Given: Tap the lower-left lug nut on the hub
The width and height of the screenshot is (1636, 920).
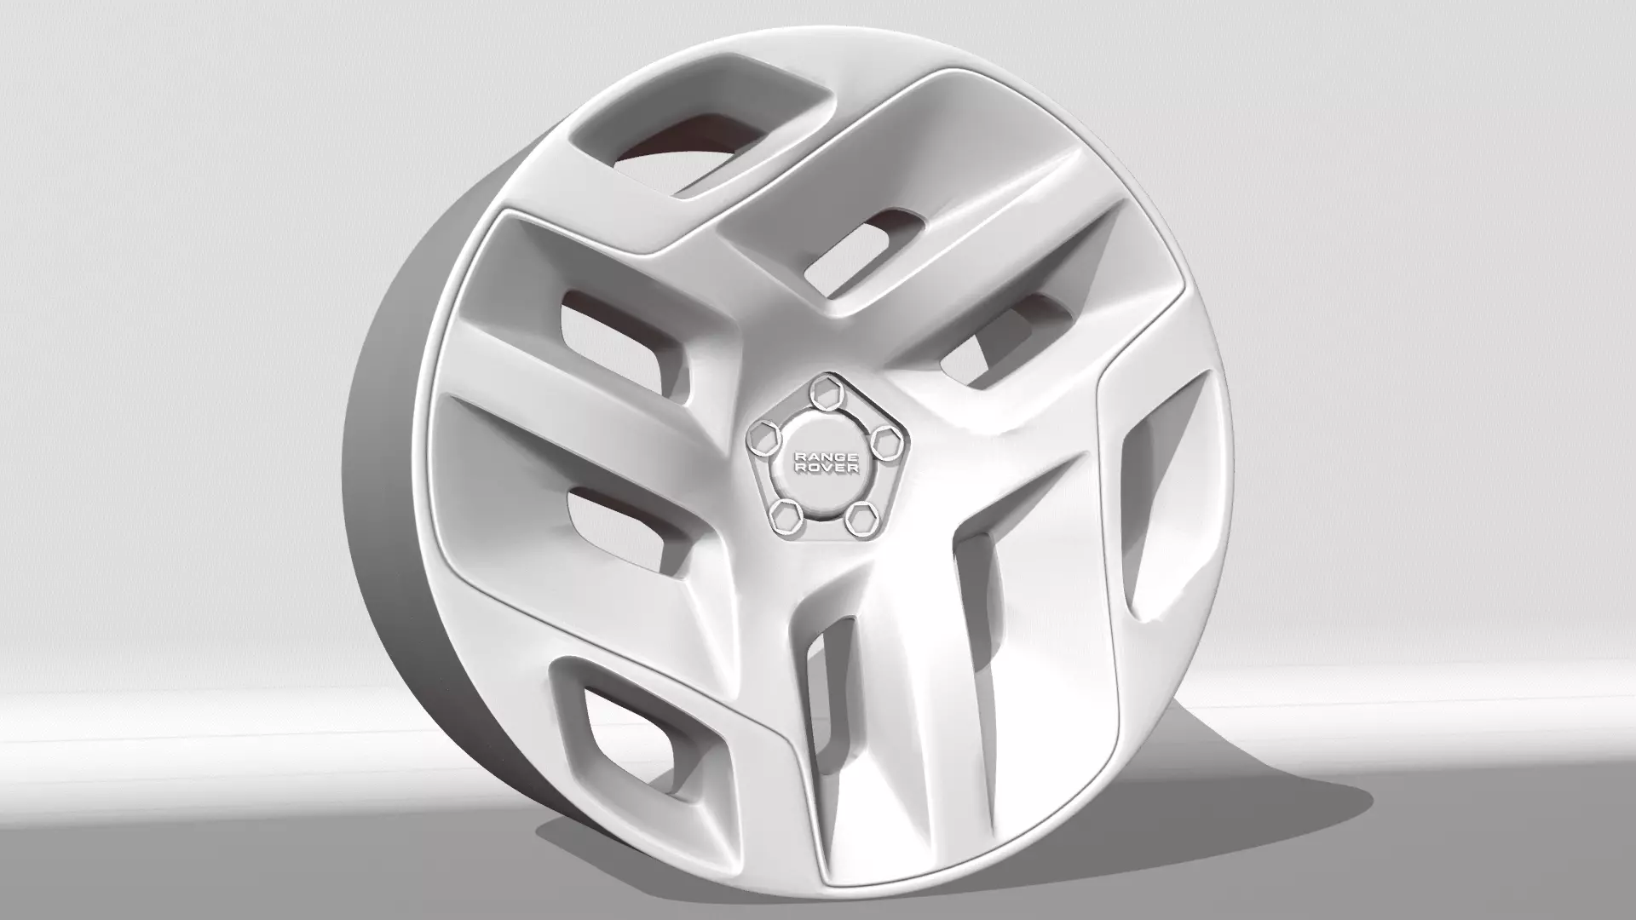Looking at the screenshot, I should click(782, 514).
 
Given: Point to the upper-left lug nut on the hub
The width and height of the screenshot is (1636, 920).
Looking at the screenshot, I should click(762, 438).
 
